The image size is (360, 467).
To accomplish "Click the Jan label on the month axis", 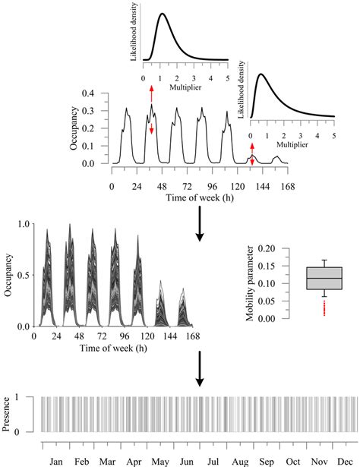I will click(x=55, y=460).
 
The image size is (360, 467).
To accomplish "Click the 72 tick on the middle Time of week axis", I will click(x=92, y=338).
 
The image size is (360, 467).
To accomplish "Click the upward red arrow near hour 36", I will click(x=151, y=93).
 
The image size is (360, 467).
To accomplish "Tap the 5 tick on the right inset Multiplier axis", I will click(x=334, y=135).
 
